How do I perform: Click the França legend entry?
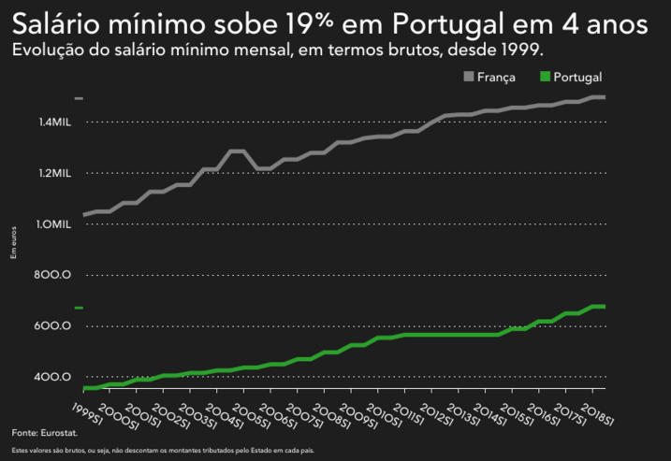(496, 78)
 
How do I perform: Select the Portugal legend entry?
(577, 78)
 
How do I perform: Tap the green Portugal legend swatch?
(546, 78)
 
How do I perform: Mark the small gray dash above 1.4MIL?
(80, 98)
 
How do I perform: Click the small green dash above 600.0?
(80, 308)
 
